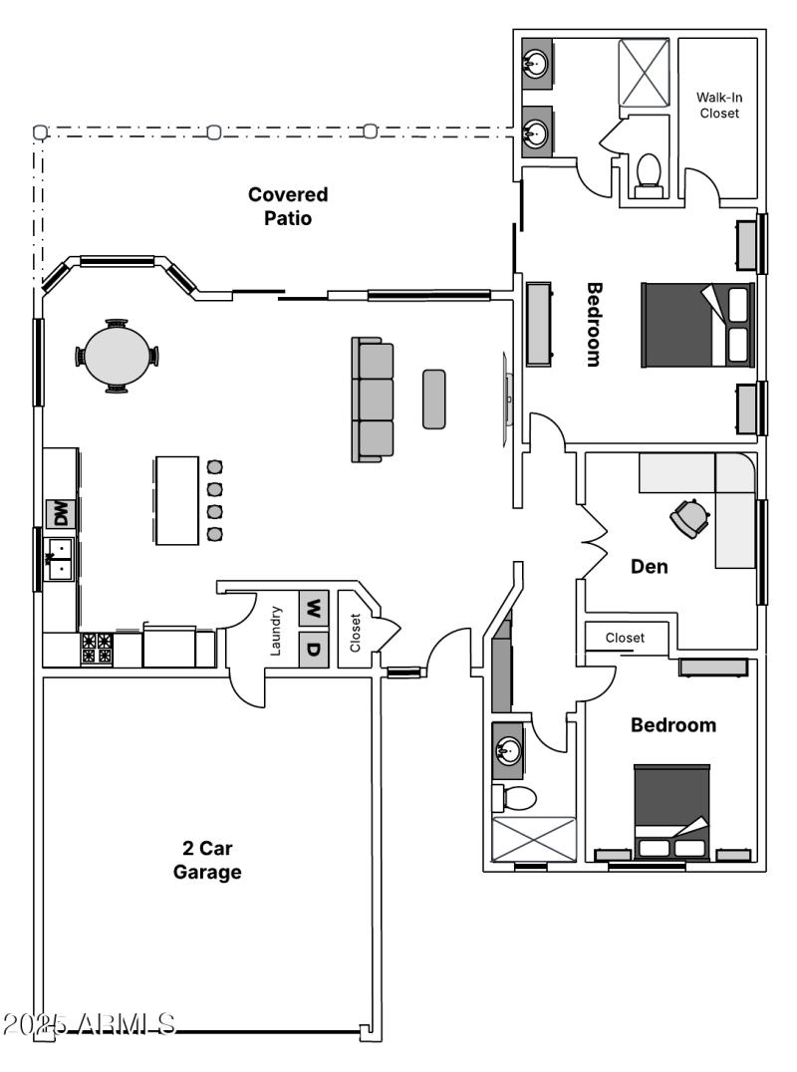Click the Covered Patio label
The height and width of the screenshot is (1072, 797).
click(288, 206)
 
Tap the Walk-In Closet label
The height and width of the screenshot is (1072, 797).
click(718, 105)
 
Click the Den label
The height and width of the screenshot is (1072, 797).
click(650, 566)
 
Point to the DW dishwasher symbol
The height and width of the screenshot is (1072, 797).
click(61, 514)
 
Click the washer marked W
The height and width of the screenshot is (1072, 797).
click(314, 607)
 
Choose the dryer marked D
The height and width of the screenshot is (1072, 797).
click(314, 650)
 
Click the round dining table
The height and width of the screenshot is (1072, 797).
click(117, 356)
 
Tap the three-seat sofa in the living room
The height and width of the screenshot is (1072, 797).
click(373, 400)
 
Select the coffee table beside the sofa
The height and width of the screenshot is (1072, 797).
click(433, 400)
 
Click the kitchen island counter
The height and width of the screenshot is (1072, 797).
click(177, 500)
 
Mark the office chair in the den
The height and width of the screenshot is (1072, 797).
click(689, 517)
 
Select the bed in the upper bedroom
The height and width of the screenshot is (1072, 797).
click(697, 326)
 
